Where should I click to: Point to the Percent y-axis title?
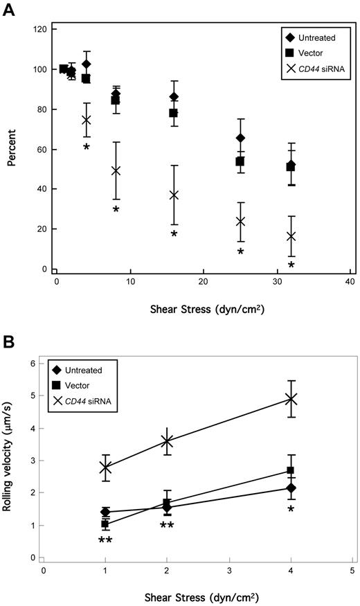(11, 148)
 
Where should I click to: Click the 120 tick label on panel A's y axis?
(39, 30)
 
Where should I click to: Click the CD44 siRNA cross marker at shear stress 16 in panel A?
(174, 195)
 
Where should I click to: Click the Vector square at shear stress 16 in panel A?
(174, 113)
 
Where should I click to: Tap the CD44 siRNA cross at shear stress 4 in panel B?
(291, 399)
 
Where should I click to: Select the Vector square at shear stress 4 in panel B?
(291, 471)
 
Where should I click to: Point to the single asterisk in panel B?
(291, 510)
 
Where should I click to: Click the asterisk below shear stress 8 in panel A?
(116, 210)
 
